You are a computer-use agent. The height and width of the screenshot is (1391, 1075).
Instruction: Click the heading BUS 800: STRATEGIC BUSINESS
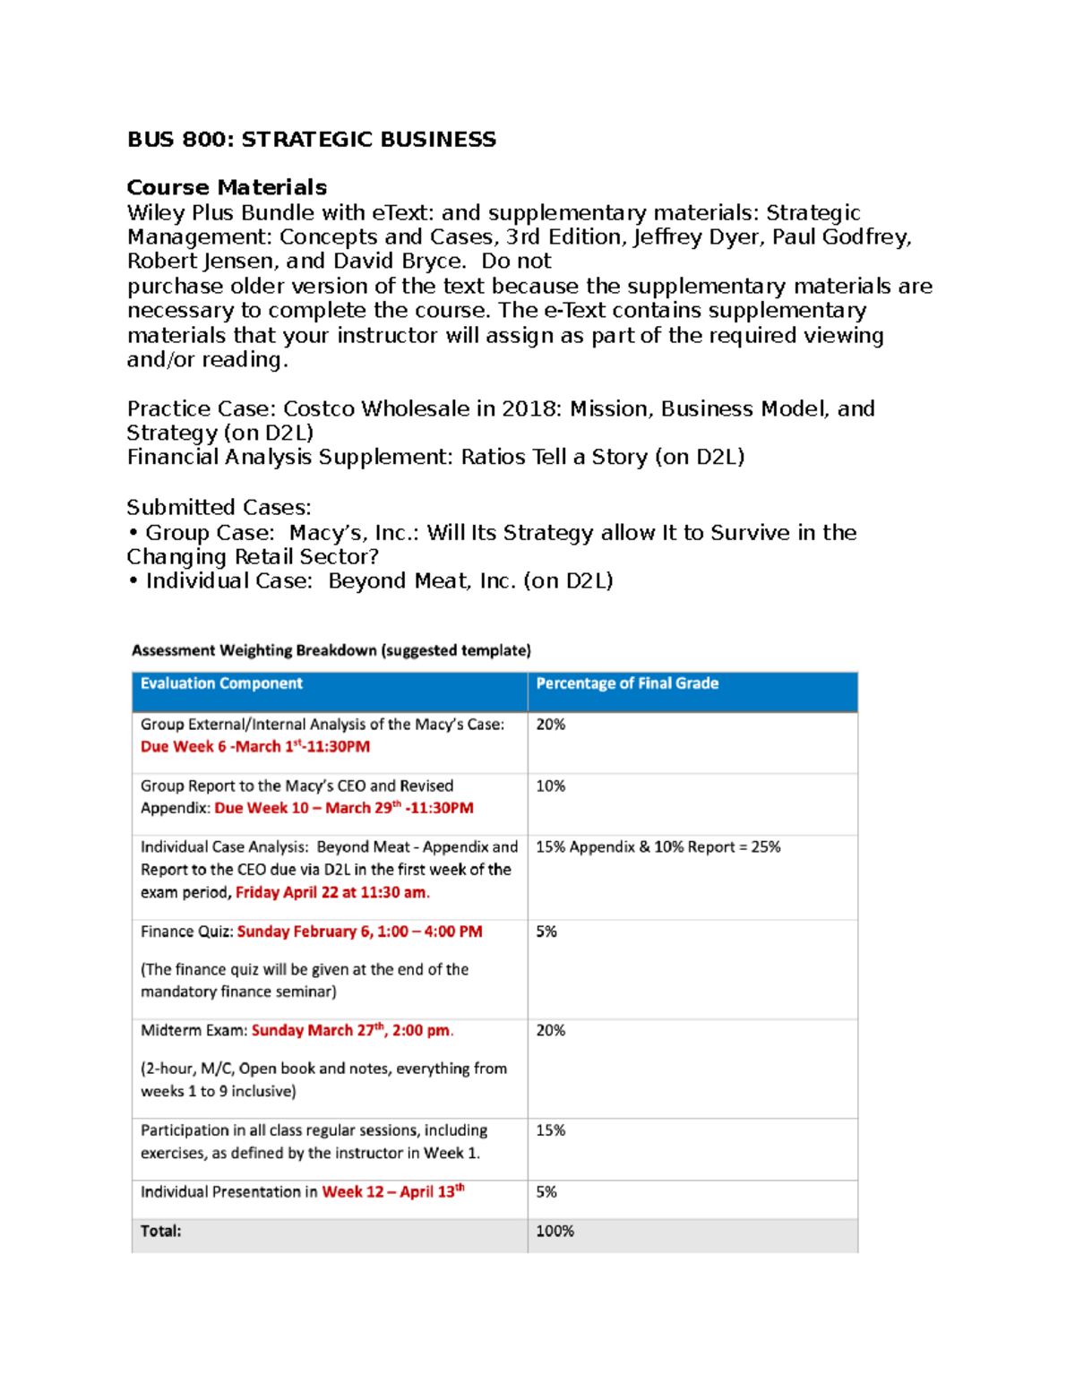(x=311, y=139)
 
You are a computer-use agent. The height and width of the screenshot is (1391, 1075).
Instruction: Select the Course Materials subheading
(x=227, y=187)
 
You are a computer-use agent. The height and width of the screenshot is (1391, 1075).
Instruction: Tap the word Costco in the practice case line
(x=320, y=408)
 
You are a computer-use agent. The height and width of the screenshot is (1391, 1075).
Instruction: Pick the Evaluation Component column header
(x=221, y=683)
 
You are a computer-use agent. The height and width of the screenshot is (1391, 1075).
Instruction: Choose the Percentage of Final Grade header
(x=627, y=683)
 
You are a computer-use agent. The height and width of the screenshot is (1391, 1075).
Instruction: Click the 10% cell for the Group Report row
(x=550, y=786)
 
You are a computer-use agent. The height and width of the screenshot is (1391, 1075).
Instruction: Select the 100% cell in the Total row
(x=555, y=1231)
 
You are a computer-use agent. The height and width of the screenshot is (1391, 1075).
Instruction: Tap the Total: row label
(x=160, y=1231)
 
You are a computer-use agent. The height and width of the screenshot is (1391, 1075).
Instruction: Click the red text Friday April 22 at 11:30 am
(x=332, y=892)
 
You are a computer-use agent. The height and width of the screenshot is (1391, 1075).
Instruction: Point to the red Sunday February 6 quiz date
(x=359, y=932)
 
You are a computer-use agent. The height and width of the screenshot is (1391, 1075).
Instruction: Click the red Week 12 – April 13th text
(x=392, y=1191)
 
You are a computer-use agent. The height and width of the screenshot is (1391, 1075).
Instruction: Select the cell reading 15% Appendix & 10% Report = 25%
(x=658, y=846)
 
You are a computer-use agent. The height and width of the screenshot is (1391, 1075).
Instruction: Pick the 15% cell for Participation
(x=550, y=1130)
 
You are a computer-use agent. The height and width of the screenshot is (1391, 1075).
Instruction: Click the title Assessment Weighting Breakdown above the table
(x=331, y=650)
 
